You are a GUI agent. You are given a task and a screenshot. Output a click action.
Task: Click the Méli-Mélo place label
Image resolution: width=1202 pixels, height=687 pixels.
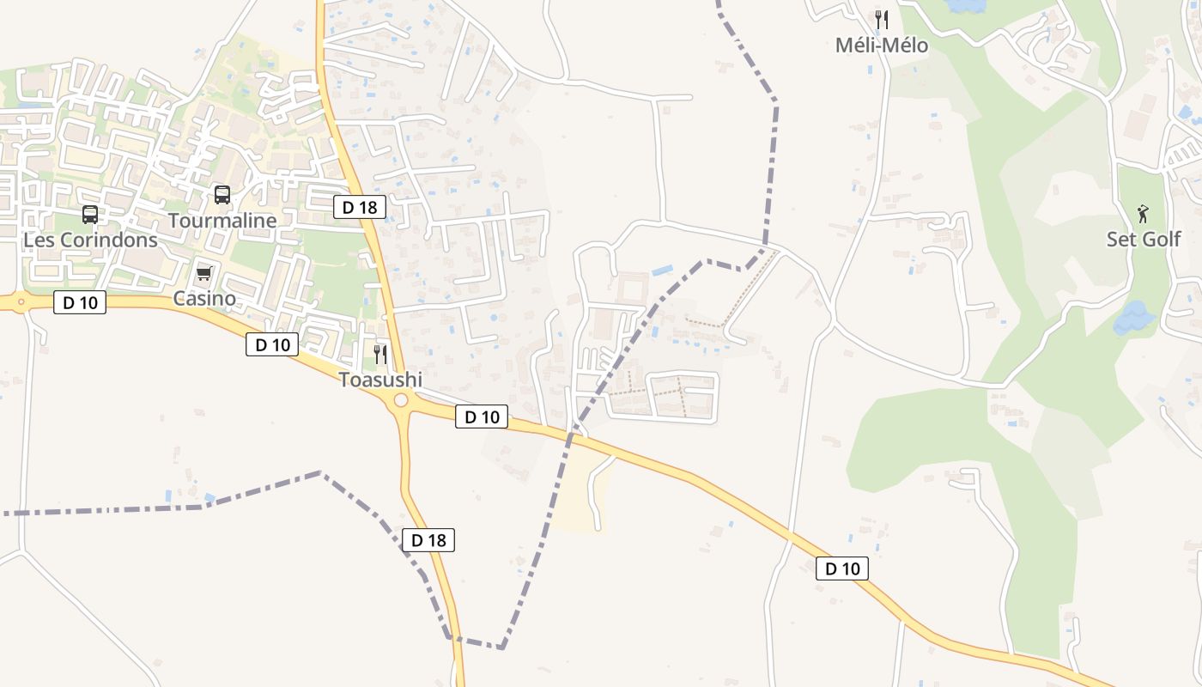(882, 46)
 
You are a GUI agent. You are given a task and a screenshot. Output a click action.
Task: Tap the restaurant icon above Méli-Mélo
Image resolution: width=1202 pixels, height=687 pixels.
(882, 19)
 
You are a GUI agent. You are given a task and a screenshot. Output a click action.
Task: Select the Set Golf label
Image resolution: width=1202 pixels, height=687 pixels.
(1143, 239)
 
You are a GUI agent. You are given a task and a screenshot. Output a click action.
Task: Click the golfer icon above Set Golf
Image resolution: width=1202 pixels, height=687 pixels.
(1143, 213)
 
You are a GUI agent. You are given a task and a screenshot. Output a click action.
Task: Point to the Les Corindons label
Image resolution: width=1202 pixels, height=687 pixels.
(90, 240)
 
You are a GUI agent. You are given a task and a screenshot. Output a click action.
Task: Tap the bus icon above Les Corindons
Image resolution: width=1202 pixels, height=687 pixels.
(90, 215)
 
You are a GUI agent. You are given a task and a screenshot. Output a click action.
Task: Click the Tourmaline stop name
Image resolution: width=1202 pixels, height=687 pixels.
(222, 221)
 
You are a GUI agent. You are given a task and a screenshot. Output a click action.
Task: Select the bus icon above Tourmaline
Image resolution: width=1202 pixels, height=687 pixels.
(222, 195)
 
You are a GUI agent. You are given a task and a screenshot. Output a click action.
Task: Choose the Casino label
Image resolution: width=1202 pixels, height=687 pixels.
(204, 299)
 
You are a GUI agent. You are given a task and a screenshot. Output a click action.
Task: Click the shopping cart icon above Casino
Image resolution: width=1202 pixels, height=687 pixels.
(204, 274)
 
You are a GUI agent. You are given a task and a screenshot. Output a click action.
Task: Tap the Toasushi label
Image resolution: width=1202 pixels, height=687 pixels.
(380, 380)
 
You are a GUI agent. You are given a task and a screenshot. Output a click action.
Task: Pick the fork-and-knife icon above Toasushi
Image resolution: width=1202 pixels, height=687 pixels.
(380, 354)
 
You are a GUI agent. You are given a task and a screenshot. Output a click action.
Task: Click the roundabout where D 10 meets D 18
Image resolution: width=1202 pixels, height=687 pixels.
(401, 401)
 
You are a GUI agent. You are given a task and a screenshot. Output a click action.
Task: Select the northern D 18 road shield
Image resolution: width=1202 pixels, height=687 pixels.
(360, 207)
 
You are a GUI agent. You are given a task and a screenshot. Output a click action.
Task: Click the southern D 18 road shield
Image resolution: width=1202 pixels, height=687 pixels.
(428, 540)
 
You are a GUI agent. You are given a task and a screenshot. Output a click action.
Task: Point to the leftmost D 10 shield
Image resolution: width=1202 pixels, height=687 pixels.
(80, 302)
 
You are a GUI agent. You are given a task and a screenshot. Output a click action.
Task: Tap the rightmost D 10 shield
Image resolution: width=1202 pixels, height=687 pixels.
(842, 568)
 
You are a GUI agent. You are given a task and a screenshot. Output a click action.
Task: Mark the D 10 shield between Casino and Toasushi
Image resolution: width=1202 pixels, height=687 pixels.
(272, 345)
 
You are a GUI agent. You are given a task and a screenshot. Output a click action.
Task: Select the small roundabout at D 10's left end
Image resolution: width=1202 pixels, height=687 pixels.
(20, 301)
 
